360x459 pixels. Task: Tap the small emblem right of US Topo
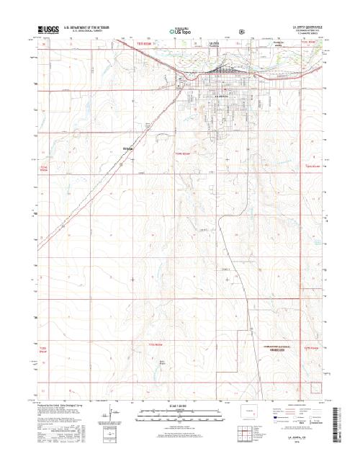click(x=243, y=31)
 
